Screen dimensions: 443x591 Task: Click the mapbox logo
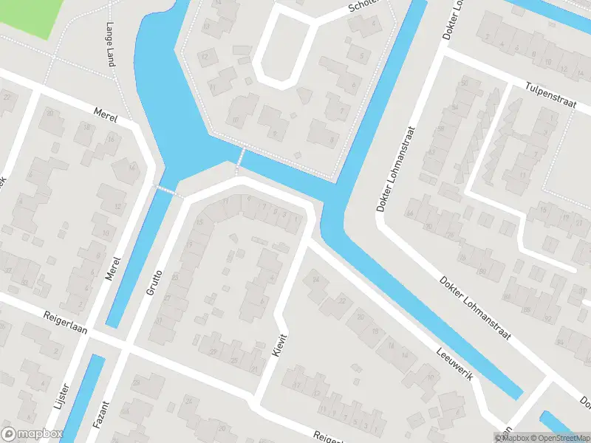click(x=30, y=434)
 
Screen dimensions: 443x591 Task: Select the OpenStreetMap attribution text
click(x=560, y=438)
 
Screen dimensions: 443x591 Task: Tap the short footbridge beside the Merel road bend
click(x=168, y=190)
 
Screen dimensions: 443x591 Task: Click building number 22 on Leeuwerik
click(x=341, y=301)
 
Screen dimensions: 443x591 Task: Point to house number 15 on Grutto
click(x=199, y=222)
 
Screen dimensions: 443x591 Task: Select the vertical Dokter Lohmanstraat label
click(x=396, y=168)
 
